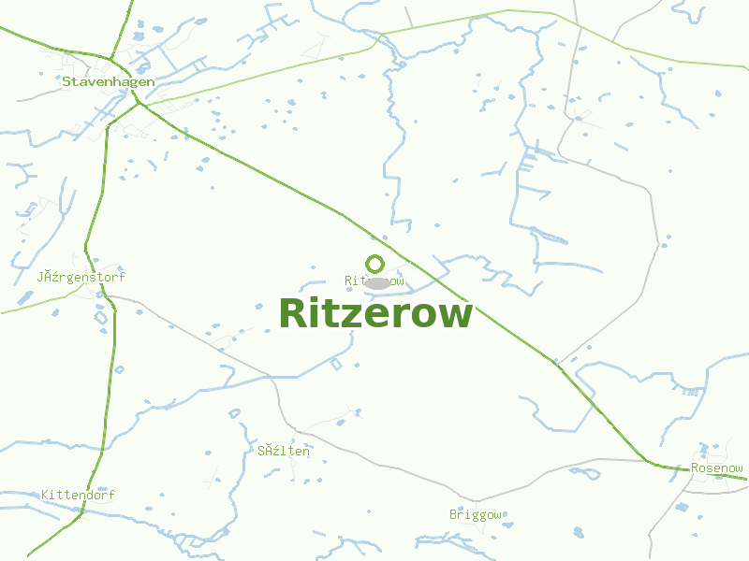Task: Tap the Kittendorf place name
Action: (x=78, y=495)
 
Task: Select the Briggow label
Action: (x=476, y=514)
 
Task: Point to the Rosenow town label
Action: (x=716, y=468)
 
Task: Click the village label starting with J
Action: (x=81, y=278)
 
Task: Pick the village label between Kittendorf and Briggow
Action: (x=284, y=451)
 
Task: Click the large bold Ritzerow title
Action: (x=375, y=313)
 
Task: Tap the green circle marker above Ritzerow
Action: (x=375, y=264)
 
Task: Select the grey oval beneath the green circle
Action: (x=376, y=282)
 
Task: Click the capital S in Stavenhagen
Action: (x=66, y=81)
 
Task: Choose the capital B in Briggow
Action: (x=453, y=514)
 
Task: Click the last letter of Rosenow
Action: (x=739, y=468)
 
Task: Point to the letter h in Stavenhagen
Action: (x=110, y=81)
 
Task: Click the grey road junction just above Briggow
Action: (x=476, y=501)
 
